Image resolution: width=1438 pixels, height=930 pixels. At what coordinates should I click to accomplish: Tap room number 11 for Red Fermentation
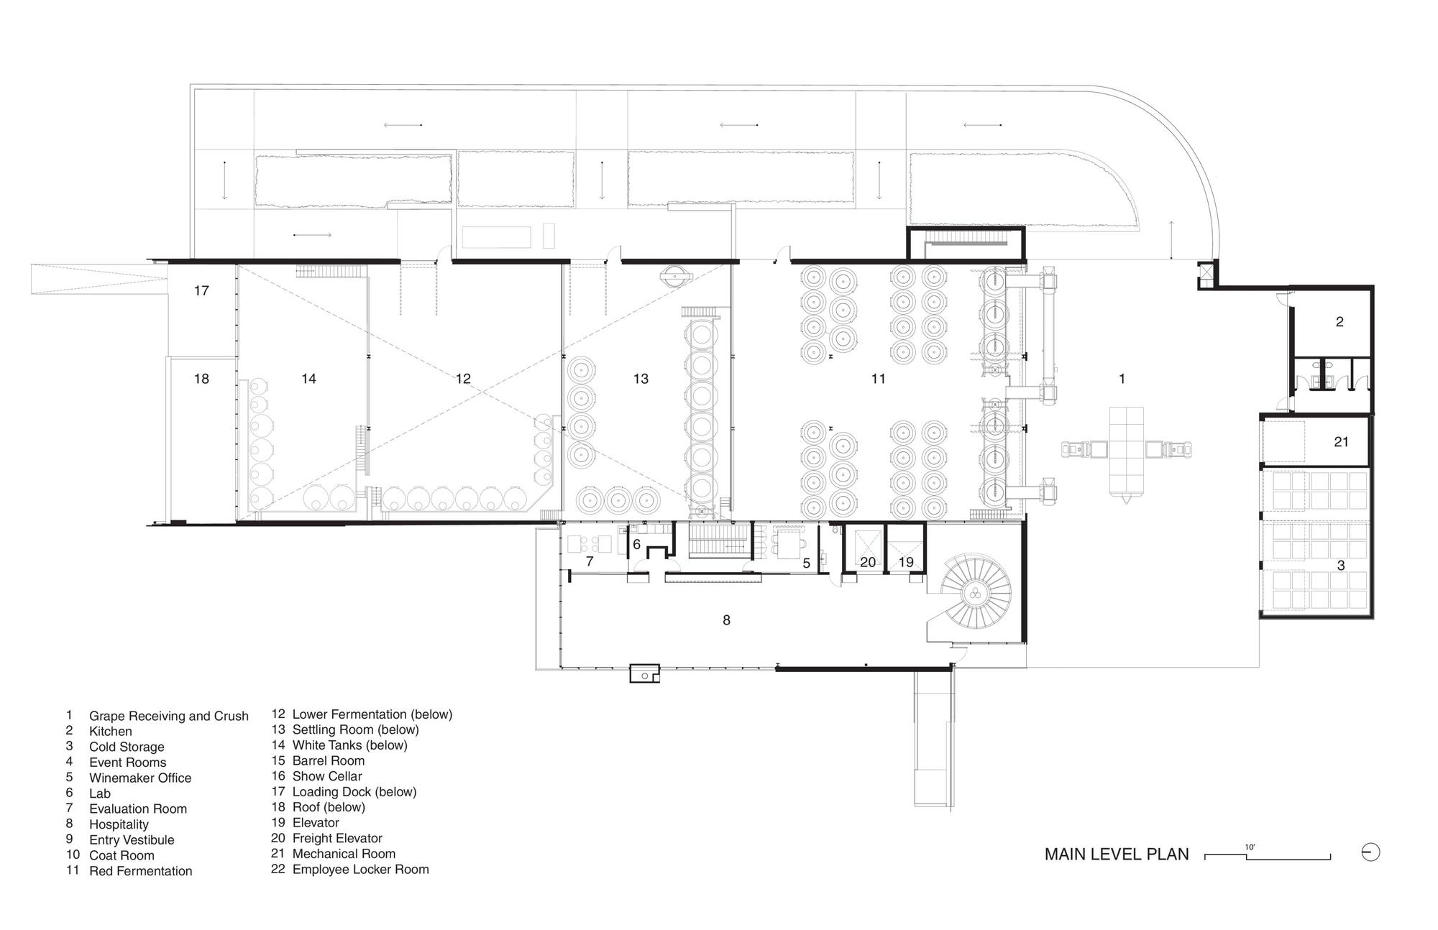point(878,379)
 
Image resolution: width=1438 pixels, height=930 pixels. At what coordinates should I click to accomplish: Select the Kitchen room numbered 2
point(1339,322)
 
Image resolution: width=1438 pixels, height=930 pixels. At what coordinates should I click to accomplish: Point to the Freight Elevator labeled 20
point(868,562)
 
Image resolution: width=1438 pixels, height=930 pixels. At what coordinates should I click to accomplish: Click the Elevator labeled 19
point(906,562)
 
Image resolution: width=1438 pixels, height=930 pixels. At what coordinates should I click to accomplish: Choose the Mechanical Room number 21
point(1342,442)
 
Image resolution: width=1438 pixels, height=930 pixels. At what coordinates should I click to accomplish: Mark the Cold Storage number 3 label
point(1341,566)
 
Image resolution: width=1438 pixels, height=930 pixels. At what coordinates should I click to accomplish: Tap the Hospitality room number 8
point(726,620)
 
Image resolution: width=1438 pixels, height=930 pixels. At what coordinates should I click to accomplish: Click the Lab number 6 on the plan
point(636,545)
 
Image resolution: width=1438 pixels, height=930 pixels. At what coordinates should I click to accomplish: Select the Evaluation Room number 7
point(590,561)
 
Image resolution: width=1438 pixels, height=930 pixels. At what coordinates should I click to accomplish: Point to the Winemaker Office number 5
point(806,563)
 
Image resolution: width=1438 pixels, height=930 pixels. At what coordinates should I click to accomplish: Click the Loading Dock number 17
point(201,290)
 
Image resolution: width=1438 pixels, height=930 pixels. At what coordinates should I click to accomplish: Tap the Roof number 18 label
point(201,379)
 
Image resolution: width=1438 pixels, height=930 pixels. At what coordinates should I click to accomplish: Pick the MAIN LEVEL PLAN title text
point(1117,855)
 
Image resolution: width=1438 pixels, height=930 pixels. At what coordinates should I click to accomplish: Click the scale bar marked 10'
point(1268,855)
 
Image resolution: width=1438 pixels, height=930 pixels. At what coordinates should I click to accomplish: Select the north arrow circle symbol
point(1371,852)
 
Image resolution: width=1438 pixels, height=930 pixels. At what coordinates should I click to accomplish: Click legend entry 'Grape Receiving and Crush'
point(169,716)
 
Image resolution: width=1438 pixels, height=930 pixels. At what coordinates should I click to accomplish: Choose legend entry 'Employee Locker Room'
point(360,869)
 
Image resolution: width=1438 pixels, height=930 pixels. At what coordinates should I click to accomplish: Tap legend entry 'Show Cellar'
point(327,776)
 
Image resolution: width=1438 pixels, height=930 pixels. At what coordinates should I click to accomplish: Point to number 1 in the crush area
point(1122,379)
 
